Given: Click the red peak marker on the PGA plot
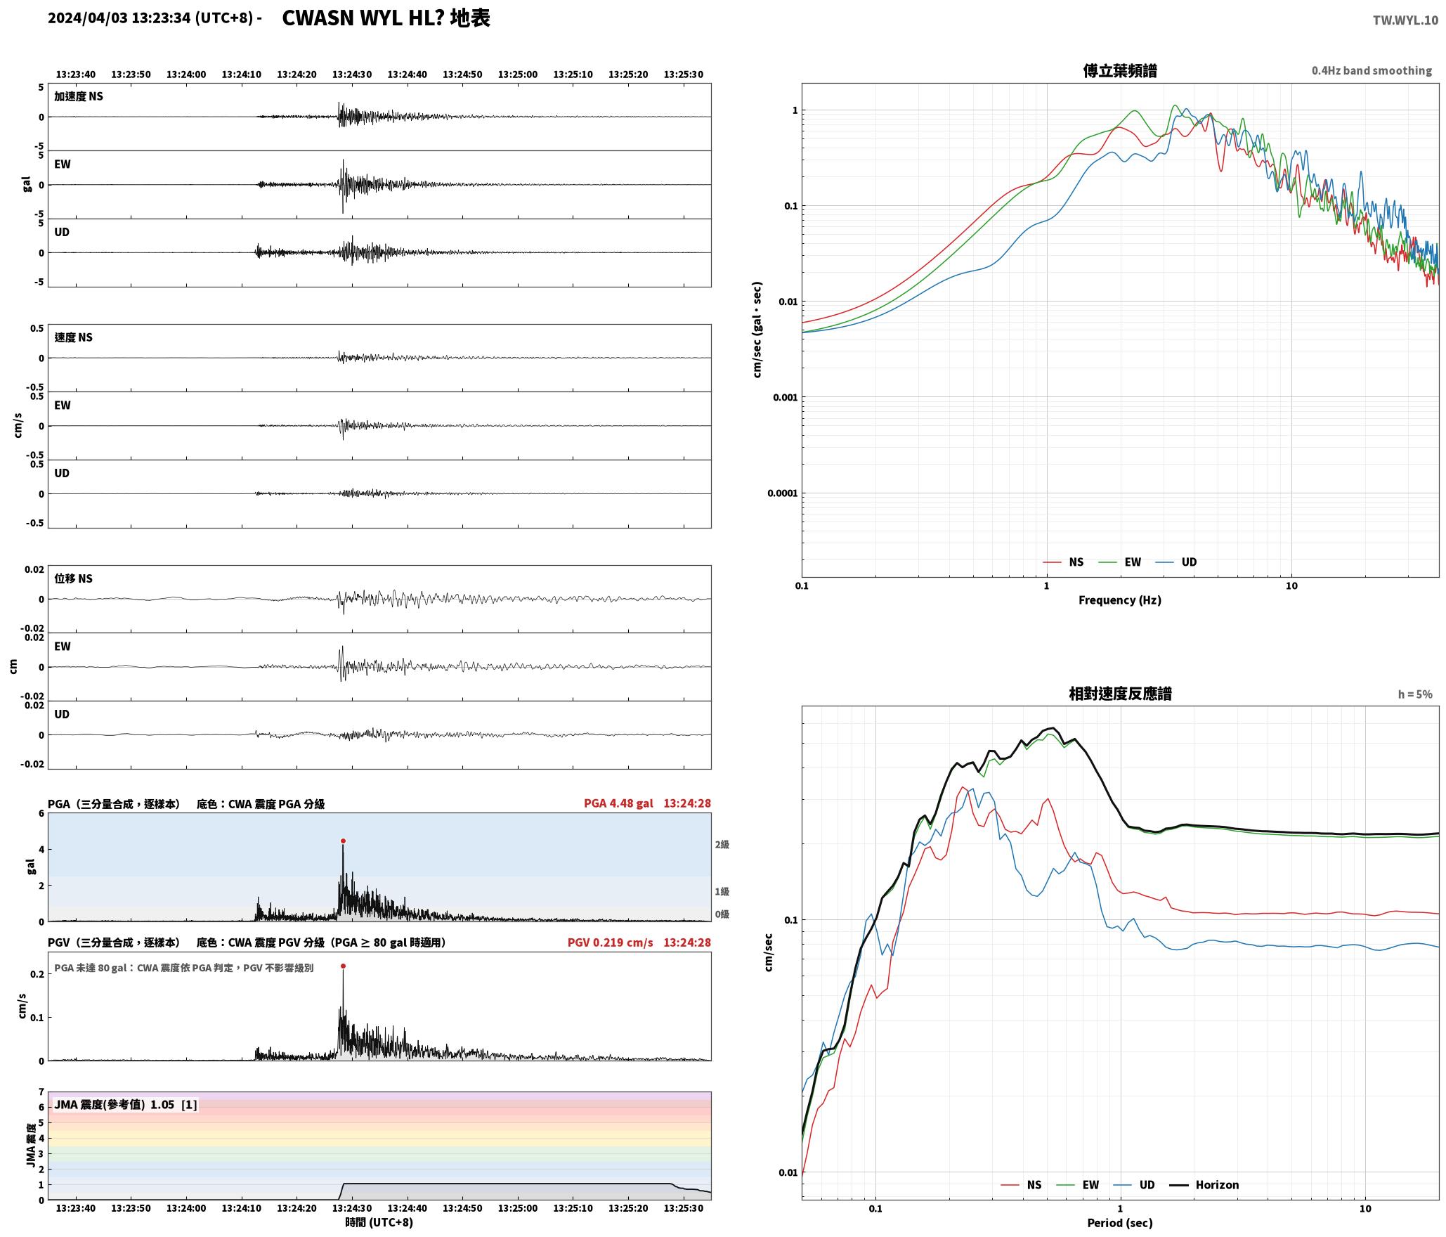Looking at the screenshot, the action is coord(343,841).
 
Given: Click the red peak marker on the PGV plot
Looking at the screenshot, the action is coord(343,966).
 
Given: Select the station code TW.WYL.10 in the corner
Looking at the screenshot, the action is coord(1405,20).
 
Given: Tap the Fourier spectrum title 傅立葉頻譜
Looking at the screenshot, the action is coord(1120,71).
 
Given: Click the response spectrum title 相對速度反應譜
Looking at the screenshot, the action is coord(1120,694).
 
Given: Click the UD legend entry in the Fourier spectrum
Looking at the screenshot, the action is coord(1176,562).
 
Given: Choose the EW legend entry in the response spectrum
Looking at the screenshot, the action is coord(1078,1185).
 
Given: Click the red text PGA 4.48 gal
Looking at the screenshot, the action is coord(618,803).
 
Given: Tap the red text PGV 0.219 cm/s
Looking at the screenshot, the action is coord(610,943).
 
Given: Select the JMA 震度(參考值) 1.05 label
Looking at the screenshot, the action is coord(115,1104).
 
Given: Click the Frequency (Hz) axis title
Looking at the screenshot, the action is coord(1120,600).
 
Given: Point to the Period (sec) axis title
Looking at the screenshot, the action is coord(1120,1223).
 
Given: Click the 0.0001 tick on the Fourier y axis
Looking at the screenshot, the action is coord(782,493).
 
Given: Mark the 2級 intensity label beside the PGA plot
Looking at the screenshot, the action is coord(722,845).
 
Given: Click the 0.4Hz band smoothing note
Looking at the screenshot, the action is coord(1372,71).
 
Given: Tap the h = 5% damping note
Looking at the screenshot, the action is coord(1415,694).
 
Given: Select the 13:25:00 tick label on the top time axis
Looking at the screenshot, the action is coord(518,75).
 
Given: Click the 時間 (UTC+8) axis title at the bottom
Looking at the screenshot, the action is coord(379,1222).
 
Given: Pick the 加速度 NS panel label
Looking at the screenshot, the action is coord(79,96).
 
